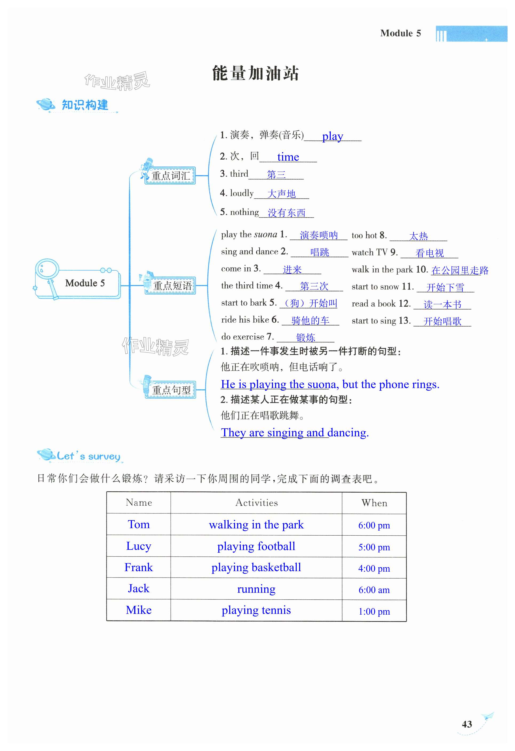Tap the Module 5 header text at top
pos(400,33)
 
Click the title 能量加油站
pos(255,73)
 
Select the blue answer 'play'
pos(332,136)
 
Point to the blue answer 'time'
pos(288,157)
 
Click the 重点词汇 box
pos(170,176)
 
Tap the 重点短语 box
pos(172,286)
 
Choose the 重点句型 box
pos(171,390)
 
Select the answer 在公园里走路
pos(459,270)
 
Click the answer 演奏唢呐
pos(319,235)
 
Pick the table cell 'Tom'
pos(138,524)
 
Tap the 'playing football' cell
pos(256,546)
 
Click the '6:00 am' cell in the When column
pos(374,590)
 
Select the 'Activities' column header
pos(256,503)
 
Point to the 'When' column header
pos(374,503)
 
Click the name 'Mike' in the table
pos(138,610)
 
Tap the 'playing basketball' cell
pos(256,567)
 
